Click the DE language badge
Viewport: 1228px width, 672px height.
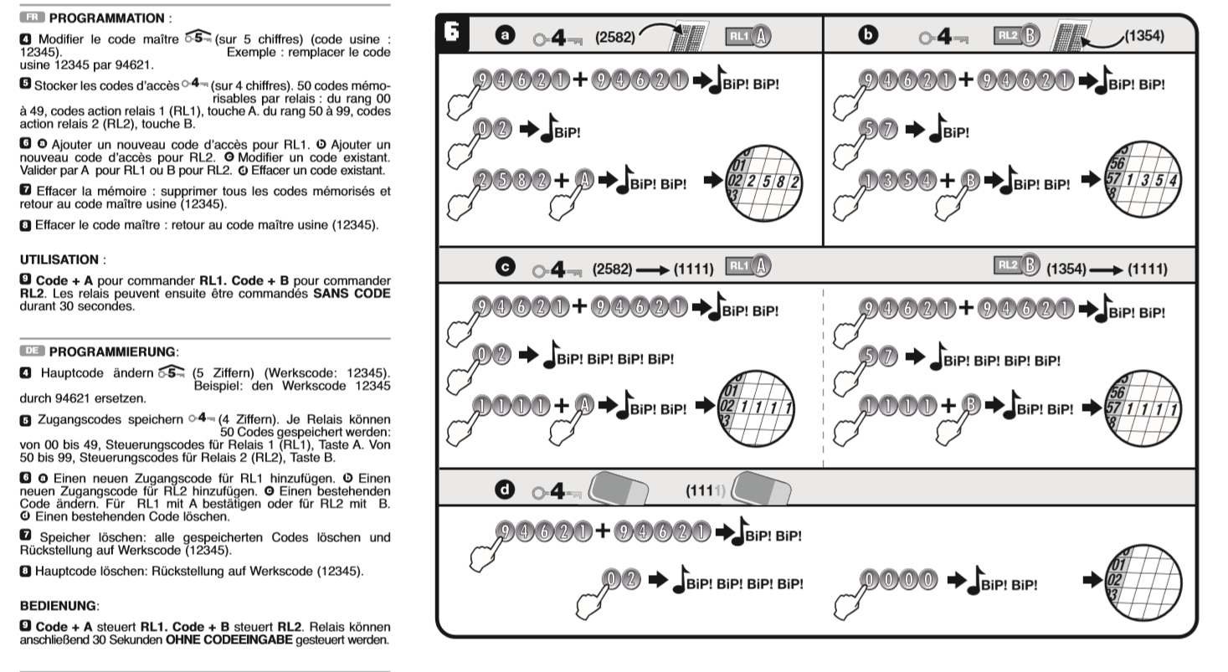[x=33, y=350]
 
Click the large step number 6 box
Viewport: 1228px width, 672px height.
[x=452, y=33]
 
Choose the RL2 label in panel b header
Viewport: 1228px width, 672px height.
[x=1005, y=35]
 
